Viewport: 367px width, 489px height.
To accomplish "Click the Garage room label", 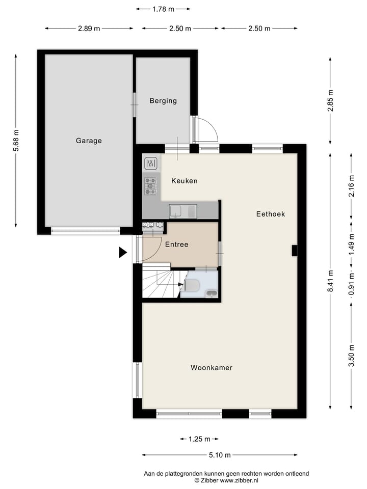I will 89,141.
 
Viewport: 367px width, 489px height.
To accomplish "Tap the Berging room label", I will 163,101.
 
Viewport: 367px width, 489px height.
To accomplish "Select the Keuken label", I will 184,181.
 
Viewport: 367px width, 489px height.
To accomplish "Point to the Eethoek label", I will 270,214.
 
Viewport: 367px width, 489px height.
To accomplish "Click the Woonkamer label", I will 212,367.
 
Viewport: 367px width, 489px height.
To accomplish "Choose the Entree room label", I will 176,244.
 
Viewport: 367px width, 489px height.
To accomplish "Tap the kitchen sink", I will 183,210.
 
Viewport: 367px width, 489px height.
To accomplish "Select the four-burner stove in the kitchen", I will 150,186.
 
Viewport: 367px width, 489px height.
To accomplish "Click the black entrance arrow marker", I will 122,252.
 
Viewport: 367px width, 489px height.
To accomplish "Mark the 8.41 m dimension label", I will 330,282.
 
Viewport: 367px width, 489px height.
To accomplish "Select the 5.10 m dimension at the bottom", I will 220,455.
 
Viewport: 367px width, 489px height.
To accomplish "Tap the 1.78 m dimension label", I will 163,9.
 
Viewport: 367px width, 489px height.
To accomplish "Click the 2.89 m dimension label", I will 89,29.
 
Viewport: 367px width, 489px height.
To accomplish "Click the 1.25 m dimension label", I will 199,439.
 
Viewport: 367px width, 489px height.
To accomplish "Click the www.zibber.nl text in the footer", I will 240,480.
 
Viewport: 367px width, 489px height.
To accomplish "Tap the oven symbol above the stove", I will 150,164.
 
